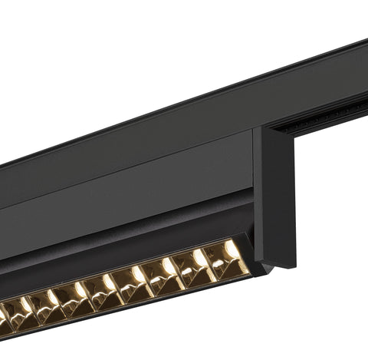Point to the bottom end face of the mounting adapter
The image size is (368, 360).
tap(280, 263)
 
